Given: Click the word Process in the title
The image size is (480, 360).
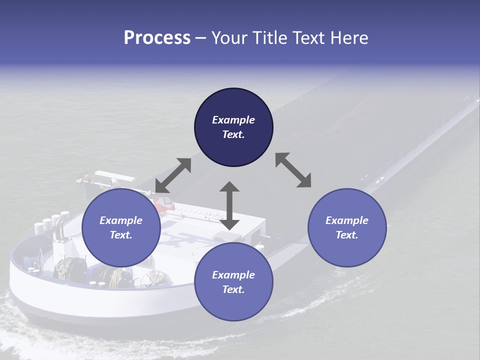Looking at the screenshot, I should (x=157, y=38).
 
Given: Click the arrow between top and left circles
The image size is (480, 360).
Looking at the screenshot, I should (x=173, y=175).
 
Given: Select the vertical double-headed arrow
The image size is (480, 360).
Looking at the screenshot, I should (x=229, y=205).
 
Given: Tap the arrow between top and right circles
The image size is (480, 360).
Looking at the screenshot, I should (x=293, y=170).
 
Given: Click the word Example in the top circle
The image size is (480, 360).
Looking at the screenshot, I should (x=233, y=120).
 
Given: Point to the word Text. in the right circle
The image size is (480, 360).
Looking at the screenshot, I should (x=347, y=235).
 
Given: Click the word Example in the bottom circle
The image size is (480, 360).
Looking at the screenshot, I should (x=233, y=275).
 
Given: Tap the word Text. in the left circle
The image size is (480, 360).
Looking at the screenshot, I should (x=121, y=235).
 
